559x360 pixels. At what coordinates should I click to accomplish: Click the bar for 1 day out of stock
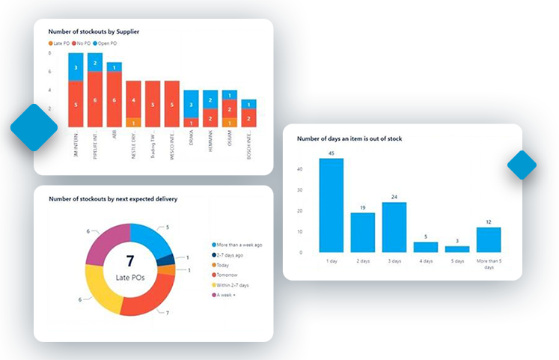(x=332, y=205)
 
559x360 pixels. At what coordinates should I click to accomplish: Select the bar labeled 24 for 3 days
(x=394, y=227)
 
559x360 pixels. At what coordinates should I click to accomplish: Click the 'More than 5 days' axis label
(x=489, y=264)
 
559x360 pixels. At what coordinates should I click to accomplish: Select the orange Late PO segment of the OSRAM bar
(x=230, y=122)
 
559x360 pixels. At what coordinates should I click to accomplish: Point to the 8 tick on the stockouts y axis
(x=50, y=54)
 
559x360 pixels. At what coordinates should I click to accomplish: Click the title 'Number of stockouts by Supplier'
(x=94, y=31)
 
